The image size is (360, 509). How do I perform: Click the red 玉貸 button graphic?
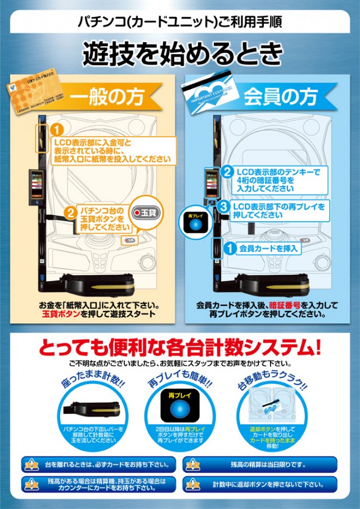[x=145, y=213]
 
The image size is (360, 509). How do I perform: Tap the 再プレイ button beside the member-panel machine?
[x=195, y=223]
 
